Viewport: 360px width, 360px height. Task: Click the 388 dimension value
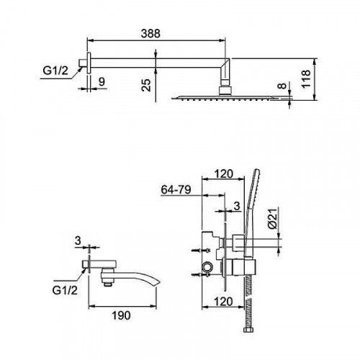coord(150,33)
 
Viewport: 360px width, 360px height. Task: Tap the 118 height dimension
coord(306,79)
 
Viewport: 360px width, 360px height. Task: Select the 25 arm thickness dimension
coord(146,85)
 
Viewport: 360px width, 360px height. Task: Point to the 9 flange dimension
coord(102,82)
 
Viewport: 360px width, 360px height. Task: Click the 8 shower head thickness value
coord(283,86)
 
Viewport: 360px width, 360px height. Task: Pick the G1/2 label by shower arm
coord(55,71)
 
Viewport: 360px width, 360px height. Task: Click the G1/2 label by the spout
coord(65,291)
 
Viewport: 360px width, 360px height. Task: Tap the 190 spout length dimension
coord(121,315)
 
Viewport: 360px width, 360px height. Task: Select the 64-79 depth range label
coord(176,190)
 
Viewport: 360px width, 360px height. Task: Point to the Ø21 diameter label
coord(273,218)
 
